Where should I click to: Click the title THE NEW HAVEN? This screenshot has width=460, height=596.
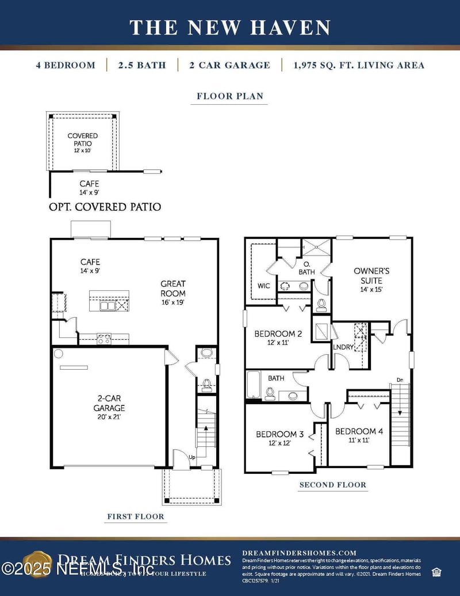230,27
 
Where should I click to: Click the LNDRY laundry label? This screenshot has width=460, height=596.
343,347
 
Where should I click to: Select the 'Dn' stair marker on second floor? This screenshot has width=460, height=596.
400,379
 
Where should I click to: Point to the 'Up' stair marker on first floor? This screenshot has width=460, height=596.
193,457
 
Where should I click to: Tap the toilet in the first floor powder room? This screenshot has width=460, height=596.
206,382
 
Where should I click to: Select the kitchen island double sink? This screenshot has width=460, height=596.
108,306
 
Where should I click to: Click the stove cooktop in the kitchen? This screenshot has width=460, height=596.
103,339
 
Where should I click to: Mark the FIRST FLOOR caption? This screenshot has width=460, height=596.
136,517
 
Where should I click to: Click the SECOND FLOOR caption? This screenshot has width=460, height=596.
332,485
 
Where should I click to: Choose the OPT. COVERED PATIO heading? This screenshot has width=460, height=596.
105,207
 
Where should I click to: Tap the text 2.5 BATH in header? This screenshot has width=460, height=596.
142,65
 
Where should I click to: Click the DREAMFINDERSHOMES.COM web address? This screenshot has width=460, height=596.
299,552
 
